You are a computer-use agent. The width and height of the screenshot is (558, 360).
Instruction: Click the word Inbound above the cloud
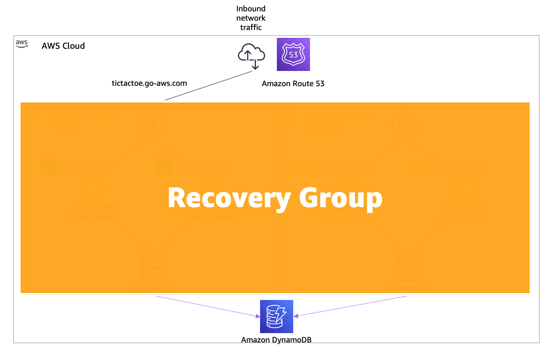tap(251, 9)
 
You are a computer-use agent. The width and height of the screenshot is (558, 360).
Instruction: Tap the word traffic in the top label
tap(251, 27)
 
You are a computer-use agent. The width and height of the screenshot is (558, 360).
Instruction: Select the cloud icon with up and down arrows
tap(252, 56)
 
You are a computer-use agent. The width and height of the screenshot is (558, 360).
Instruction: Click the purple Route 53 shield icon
tap(293, 54)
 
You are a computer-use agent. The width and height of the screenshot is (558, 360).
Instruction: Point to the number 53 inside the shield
tap(293, 55)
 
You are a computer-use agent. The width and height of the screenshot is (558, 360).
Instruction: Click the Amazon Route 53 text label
tap(293, 83)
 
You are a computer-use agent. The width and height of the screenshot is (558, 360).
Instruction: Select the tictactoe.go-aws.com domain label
tap(149, 83)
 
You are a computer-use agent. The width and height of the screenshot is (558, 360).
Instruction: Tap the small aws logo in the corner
tap(22, 44)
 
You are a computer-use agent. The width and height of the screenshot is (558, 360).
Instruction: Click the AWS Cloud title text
tap(63, 46)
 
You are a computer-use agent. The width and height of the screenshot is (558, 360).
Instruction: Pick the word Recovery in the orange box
tap(229, 198)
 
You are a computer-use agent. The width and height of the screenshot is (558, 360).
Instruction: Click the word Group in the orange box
tap(340, 198)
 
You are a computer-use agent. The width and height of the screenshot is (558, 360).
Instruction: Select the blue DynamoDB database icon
tap(276, 316)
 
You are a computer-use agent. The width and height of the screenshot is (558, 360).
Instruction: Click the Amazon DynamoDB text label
tap(276, 340)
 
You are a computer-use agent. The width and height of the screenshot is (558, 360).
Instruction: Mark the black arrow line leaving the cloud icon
tap(207, 86)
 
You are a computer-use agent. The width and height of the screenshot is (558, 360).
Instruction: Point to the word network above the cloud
tap(251, 18)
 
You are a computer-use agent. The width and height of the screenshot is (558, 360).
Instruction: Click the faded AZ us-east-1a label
tap(87, 168)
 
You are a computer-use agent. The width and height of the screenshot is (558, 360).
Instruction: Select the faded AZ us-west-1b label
tap(458, 169)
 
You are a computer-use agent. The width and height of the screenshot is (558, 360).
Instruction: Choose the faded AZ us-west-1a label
tap(342, 169)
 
